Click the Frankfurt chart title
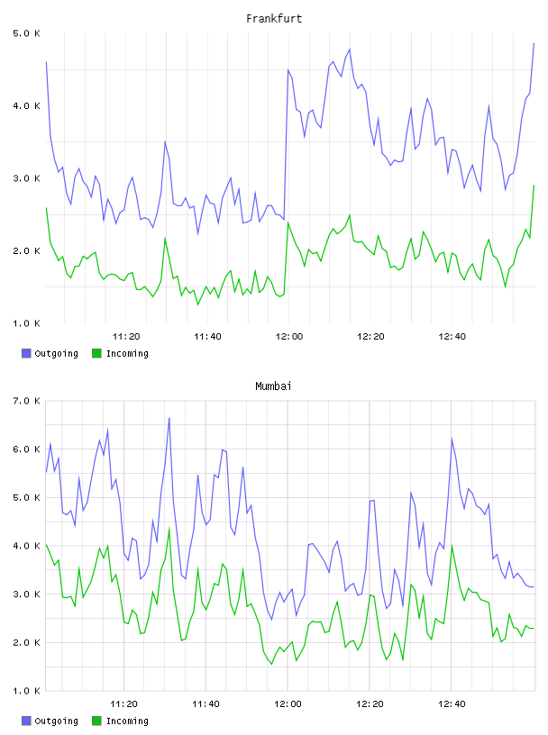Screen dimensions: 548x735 (274, 19)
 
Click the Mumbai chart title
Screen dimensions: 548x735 (273, 386)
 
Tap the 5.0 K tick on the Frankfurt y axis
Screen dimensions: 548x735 (27, 33)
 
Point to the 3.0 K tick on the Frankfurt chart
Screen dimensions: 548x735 (27, 178)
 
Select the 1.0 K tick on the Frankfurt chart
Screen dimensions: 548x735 (27, 323)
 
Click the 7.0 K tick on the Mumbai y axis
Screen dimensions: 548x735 (27, 401)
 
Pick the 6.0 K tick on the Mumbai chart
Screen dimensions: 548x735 (27, 449)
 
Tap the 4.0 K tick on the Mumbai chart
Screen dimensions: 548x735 (27, 546)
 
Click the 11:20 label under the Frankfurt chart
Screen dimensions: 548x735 (126, 336)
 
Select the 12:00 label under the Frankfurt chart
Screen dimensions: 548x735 (289, 336)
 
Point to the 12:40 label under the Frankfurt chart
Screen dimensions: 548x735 (452, 336)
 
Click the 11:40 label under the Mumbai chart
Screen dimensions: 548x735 (205, 703)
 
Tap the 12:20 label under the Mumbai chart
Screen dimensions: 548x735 (370, 703)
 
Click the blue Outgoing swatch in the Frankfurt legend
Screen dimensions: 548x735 (26, 353)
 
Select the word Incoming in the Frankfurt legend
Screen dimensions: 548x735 (127, 353)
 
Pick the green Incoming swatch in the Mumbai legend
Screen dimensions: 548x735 (96, 721)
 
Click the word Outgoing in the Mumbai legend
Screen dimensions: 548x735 (56, 721)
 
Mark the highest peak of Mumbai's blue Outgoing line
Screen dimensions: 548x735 (169, 418)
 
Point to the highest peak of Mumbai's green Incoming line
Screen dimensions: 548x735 (169, 529)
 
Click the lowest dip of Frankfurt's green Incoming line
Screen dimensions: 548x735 (197, 304)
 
